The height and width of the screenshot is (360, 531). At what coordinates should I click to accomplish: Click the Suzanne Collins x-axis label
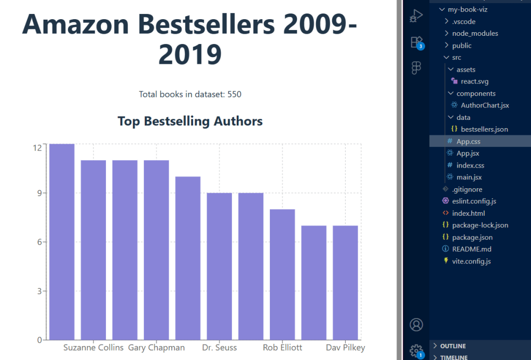(x=93, y=348)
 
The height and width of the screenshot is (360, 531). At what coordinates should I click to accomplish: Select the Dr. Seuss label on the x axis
(x=219, y=348)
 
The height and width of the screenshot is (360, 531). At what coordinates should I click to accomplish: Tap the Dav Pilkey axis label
(x=345, y=348)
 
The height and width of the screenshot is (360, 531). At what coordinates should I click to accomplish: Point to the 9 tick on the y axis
(x=37, y=193)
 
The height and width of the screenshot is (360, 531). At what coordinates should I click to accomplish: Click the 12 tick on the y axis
(x=37, y=147)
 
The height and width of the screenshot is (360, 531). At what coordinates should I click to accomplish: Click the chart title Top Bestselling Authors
(x=190, y=121)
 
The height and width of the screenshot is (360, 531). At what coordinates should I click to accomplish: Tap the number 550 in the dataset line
(x=235, y=94)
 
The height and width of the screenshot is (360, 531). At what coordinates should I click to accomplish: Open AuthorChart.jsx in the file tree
(x=485, y=105)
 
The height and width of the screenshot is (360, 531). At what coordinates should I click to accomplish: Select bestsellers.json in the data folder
(x=484, y=129)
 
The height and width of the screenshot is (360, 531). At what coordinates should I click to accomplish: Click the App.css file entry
(x=468, y=141)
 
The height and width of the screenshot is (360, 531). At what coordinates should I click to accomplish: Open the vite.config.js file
(x=471, y=261)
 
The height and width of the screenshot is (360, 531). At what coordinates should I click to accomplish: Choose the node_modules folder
(x=474, y=34)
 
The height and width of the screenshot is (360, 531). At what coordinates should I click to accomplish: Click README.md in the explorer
(x=471, y=249)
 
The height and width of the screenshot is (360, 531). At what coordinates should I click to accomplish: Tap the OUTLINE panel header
(x=453, y=346)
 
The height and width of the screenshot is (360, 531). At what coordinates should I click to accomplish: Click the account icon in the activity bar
(x=416, y=325)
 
